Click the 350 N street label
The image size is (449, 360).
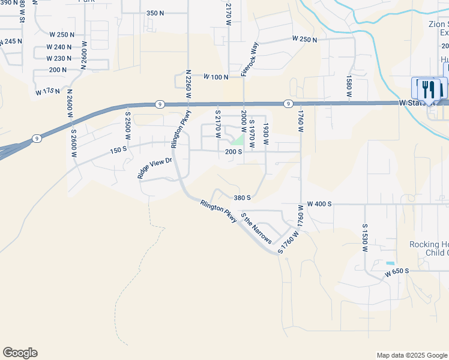155,13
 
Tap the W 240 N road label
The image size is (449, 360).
59,47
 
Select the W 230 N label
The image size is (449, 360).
59,58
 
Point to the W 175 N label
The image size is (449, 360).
48,92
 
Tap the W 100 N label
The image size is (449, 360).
216,77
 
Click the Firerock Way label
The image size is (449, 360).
249,59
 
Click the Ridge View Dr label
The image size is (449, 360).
154,168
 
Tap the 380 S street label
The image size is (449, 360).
241,197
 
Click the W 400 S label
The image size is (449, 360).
319,204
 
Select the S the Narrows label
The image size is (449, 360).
256,229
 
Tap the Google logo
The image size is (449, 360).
20,353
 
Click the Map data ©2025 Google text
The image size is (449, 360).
411,355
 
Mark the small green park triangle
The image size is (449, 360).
239,140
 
